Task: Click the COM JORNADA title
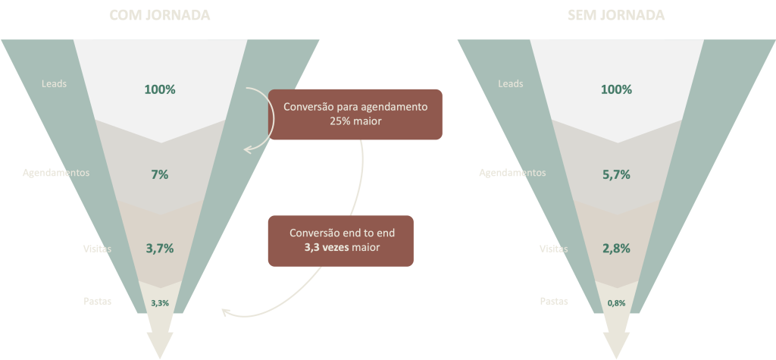coord(160,15)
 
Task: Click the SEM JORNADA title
coord(615,15)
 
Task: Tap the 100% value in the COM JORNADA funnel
coord(160,89)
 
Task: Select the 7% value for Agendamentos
coord(160,174)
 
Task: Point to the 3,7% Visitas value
coord(160,248)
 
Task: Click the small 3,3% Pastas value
coord(160,302)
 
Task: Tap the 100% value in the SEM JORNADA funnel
coord(616,89)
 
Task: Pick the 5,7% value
coord(616,174)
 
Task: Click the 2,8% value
coord(616,248)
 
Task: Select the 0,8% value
coord(616,302)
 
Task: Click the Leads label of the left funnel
coord(54,83)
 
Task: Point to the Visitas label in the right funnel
coord(553,249)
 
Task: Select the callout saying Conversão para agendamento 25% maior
coord(355,114)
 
